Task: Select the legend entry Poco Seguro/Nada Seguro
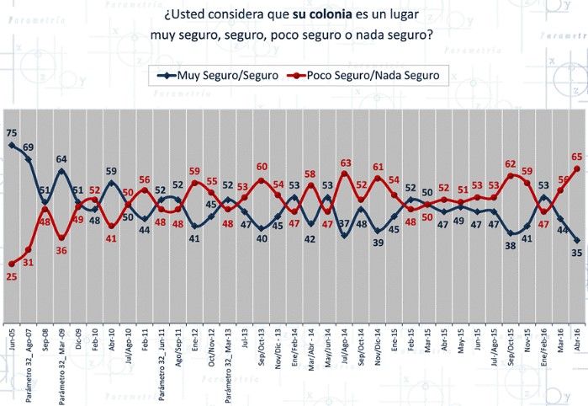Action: [x=373, y=76]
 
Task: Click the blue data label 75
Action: [x=11, y=133]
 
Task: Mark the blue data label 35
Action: [x=578, y=252]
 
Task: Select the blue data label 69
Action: [x=28, y=147]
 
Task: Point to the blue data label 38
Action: [x=511, y=245]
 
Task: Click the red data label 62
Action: [x=511, y=164]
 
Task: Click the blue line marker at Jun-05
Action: [x=11, y=145]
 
